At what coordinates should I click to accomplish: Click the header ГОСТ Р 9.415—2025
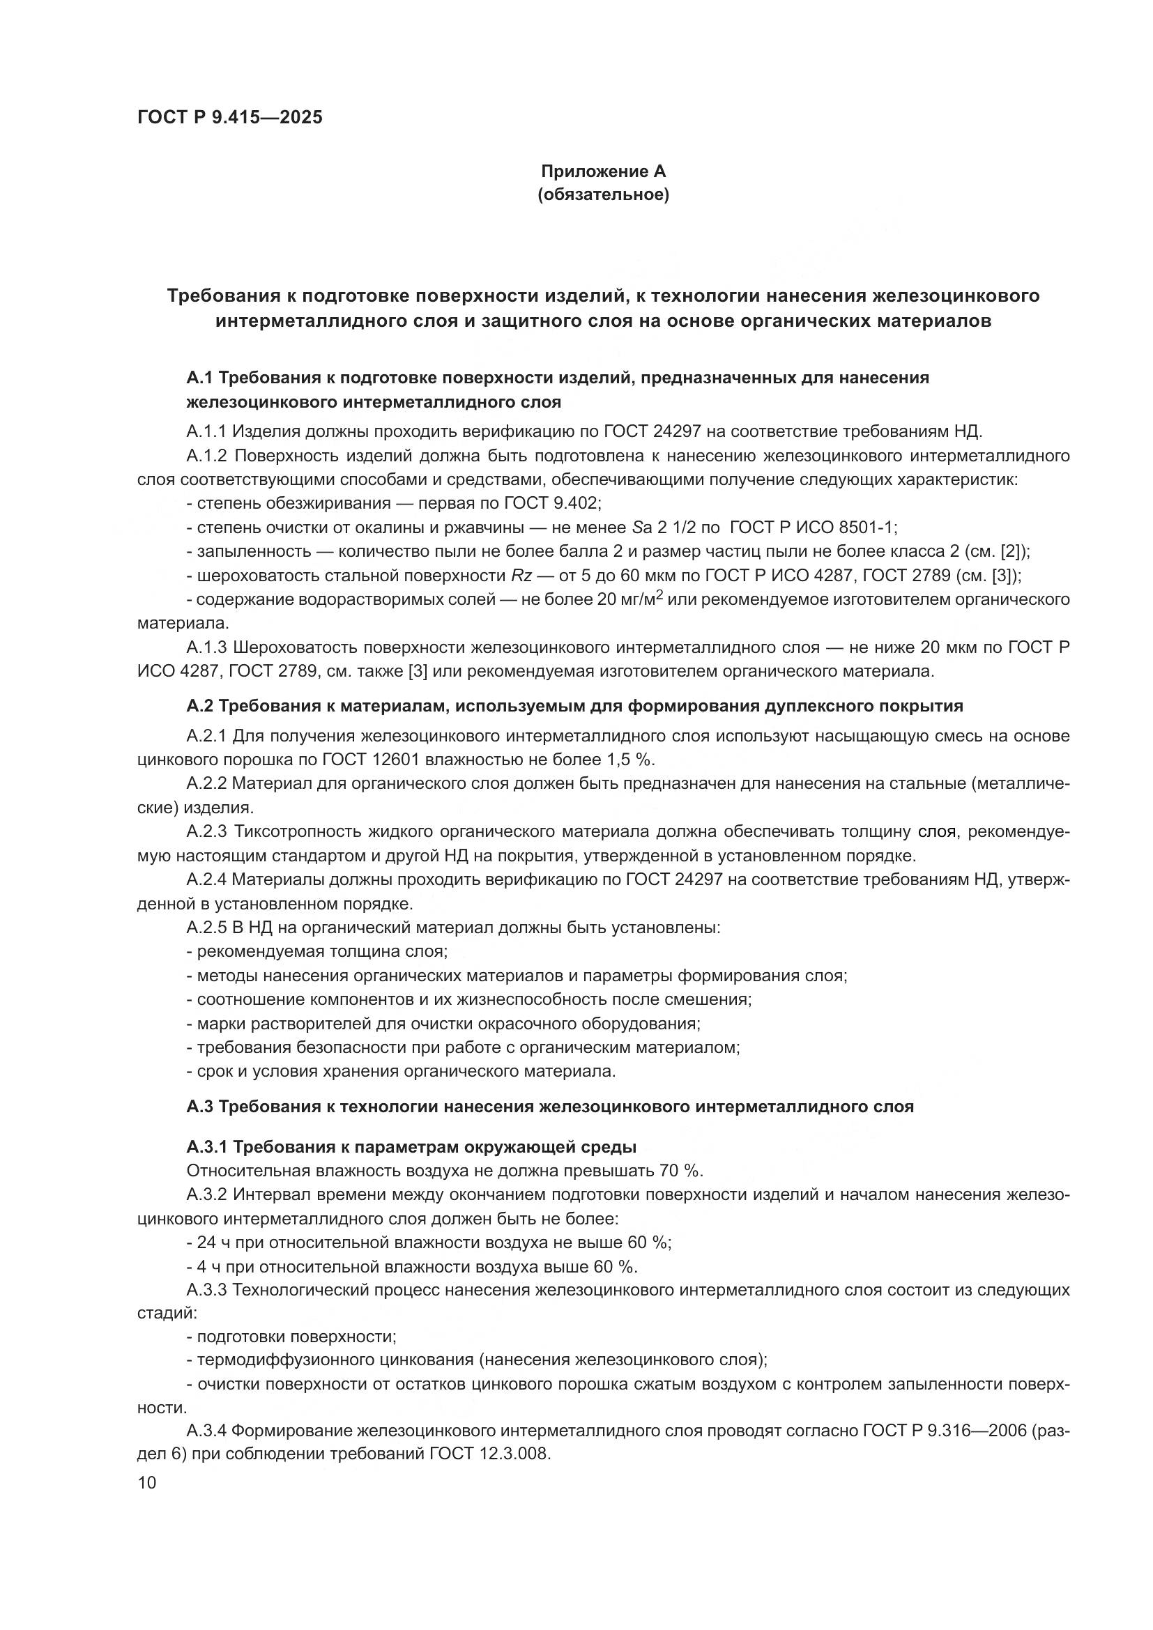(229, 117)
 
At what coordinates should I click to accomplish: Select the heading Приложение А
(604, 171)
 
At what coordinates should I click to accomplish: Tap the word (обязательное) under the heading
(604, 194)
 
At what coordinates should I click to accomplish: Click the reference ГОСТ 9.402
(551, 503)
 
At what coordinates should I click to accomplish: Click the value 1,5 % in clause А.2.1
(629, 760)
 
